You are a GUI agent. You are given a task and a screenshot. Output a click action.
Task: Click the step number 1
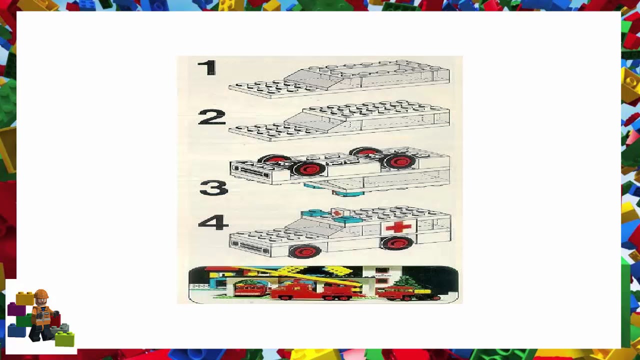click(207, 68)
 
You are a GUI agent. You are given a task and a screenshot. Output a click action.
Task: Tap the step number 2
click(211, 118)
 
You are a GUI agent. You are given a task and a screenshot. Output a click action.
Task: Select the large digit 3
click(213, 188)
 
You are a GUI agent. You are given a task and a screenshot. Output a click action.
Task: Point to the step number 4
click(213, 222)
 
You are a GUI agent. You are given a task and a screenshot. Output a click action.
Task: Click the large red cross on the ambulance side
click(398, 227)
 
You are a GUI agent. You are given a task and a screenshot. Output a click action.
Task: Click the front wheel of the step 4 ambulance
click(304, 251)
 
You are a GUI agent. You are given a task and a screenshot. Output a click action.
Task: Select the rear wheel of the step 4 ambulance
click(397, 243)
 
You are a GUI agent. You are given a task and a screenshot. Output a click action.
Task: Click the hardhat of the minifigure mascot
click(41, 293)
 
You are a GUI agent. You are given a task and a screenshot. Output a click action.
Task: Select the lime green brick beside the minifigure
click(64, 339)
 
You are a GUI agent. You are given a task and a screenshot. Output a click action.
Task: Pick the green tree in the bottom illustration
click(407, 281)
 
